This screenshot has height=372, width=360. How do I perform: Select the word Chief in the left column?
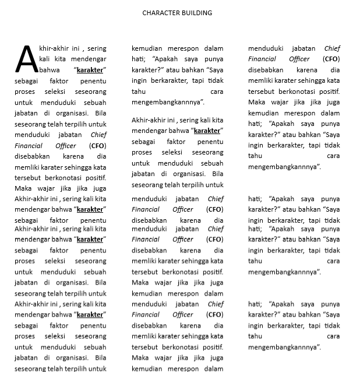tap(98, 135)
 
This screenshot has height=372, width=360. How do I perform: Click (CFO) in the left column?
tap(97, 145)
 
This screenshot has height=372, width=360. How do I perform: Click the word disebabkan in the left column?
tap(32, 156)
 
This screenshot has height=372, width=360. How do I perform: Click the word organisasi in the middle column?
tap(187, 174)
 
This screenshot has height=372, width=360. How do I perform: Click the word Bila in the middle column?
tap(217, 174)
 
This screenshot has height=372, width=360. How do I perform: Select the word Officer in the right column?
tap(299, 59)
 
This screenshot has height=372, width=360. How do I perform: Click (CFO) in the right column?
tap(331, 59)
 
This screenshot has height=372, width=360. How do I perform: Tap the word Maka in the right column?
tap(256, 102)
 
